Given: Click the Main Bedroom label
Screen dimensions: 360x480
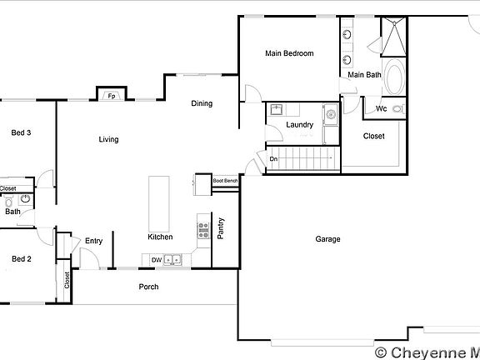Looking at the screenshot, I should coord(289,53).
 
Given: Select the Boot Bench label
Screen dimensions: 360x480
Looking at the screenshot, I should coord(225,181).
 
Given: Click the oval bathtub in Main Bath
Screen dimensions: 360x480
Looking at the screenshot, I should coord(392,77).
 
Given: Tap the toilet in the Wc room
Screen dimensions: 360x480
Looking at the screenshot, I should coord(397,108).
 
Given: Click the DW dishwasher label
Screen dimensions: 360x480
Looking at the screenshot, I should coord(156,260).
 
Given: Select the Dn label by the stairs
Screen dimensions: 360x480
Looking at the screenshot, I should coord(272,159).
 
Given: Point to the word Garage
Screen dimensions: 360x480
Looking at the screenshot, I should coord(327,239).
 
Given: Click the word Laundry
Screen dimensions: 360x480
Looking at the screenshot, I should coord(299,125).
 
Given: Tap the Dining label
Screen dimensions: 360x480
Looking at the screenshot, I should coord(202,104).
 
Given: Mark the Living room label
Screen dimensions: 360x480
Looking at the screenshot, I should coord(108,139).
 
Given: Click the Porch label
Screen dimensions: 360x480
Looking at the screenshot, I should coord(148,287).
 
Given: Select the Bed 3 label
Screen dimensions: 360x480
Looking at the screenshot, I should coord(21,132).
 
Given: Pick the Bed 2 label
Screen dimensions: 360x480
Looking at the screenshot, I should coord(21,259).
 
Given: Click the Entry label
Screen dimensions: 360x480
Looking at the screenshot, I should coord(93,241).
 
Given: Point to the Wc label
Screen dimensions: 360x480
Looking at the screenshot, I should coord(380,108).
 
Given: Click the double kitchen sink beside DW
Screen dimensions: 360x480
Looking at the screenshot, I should coord(173,260).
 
